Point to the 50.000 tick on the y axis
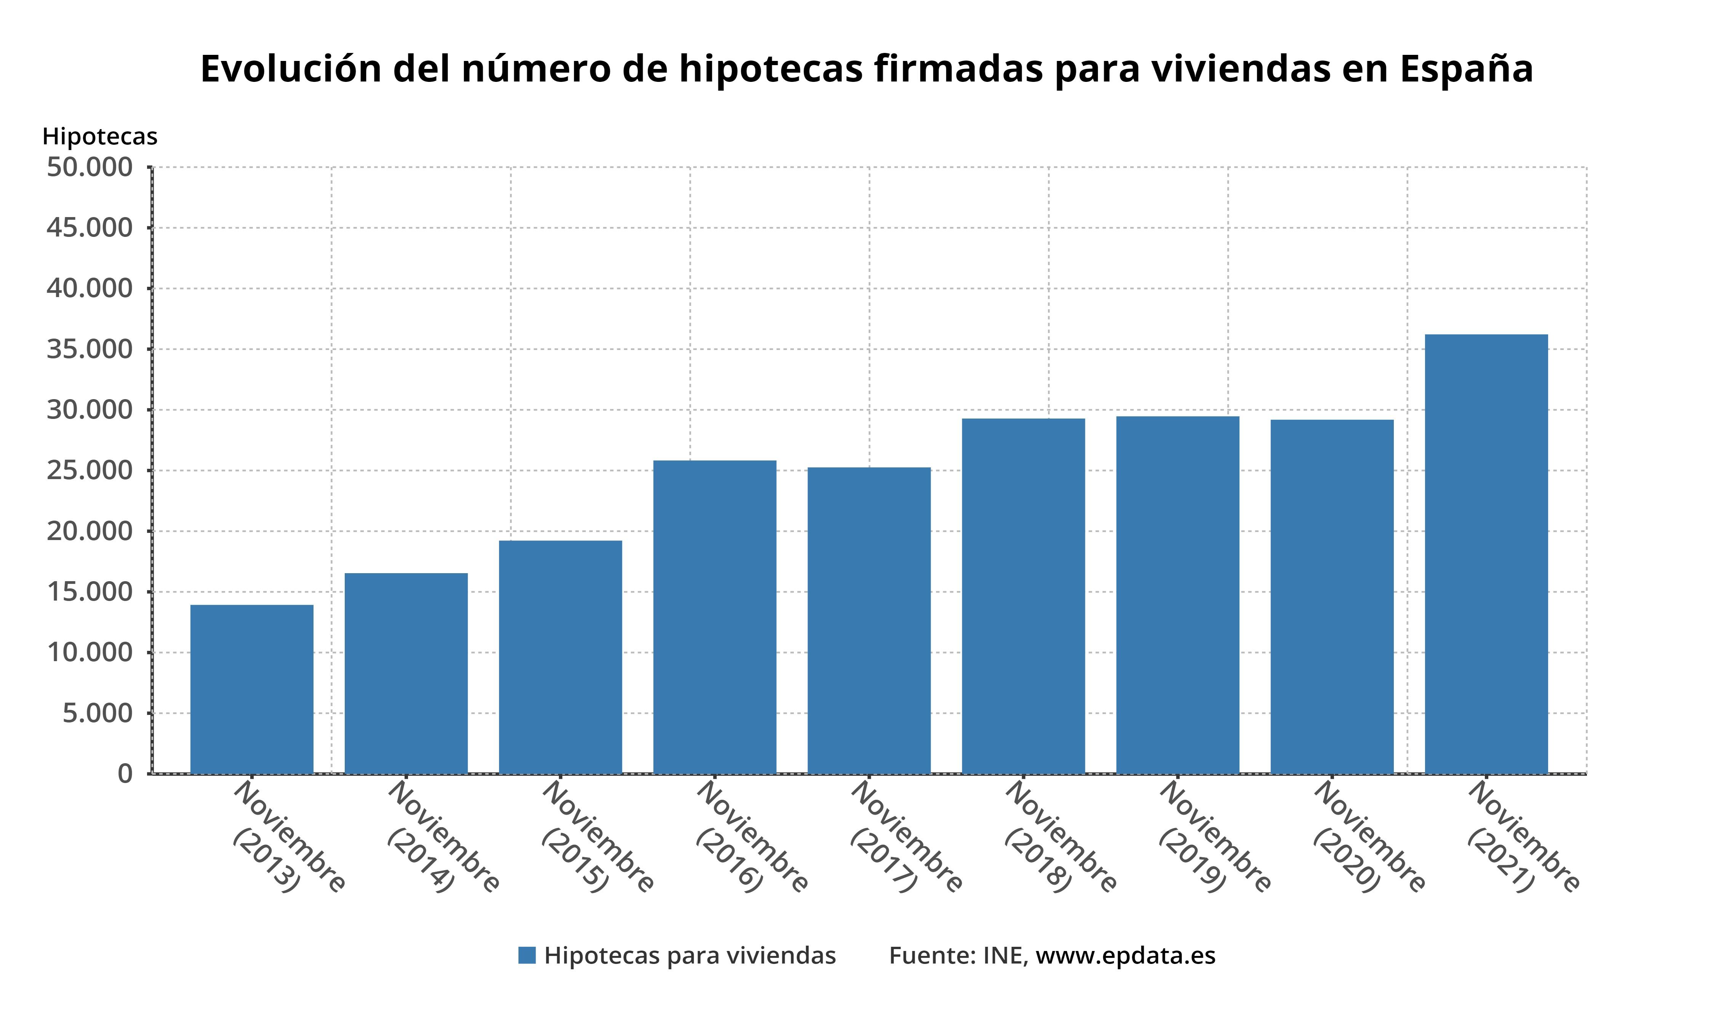pyautogui.click(x=90, y=167)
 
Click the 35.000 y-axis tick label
pyautogui.click(x=90, y=349)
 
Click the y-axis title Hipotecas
pyautogui.click(x=100, y=137)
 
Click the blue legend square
pyautogui.click(x=527, y=956)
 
